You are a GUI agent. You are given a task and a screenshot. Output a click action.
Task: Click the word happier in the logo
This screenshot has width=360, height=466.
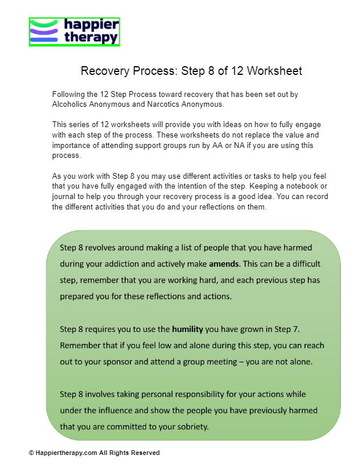tap(92, 26)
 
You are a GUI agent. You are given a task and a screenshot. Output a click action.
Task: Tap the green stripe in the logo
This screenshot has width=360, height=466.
tap(43, 24)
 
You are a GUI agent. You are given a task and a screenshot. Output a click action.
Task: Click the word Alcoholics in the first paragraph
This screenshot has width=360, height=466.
tap(70, 104)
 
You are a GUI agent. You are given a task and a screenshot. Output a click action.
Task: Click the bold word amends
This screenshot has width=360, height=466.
tap(224, 263)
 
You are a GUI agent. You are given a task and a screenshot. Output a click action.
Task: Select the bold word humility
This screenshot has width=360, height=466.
tap(187, 329)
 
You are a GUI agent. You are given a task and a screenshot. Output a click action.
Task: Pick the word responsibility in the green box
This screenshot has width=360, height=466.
tap(192, 394)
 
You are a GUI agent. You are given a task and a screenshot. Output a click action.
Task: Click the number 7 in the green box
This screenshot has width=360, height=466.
tap(296, 329)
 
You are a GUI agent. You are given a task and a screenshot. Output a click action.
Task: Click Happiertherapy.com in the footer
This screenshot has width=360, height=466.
tap(65, 453)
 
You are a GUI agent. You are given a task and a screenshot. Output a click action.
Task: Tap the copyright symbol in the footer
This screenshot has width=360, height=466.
tap(31, 453)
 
